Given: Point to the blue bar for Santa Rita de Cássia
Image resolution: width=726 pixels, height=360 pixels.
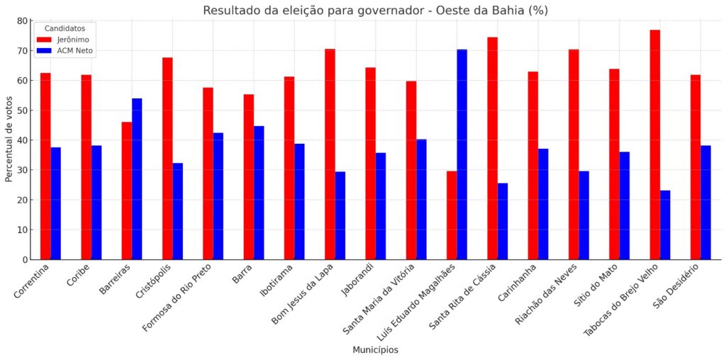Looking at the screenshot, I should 503,221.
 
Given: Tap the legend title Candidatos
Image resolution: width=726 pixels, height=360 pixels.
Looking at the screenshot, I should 65,28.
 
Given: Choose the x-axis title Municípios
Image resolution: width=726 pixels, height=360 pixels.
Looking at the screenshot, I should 375,350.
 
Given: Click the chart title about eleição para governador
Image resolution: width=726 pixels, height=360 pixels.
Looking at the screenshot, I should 375,10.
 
